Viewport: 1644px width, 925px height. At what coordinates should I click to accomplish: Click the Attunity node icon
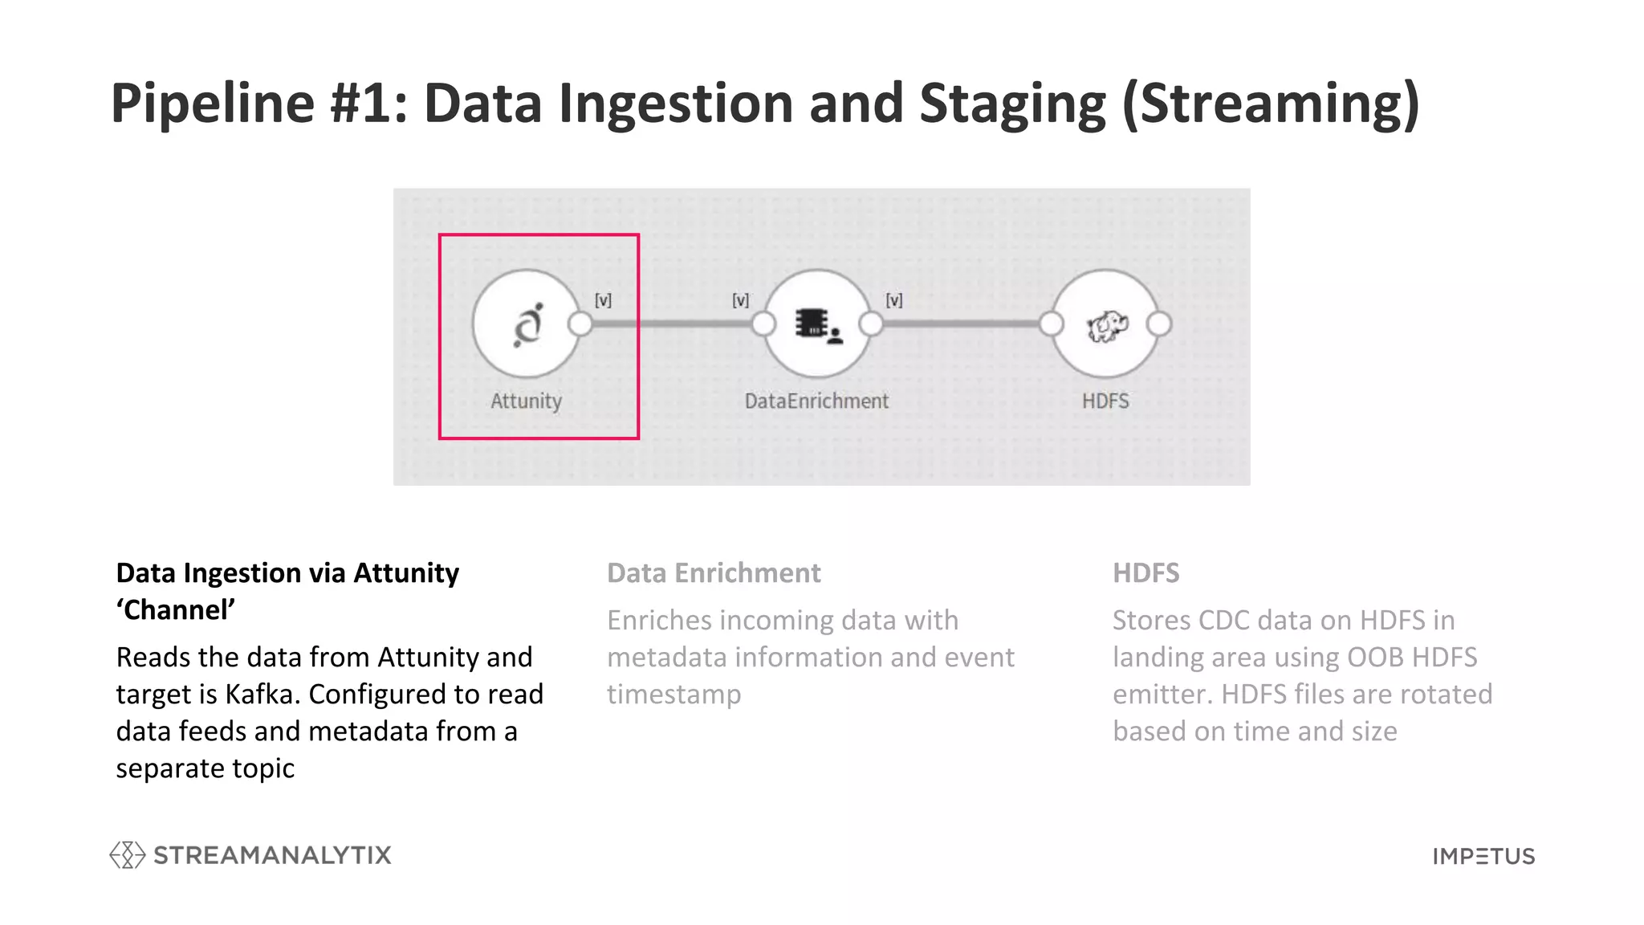click(x=527, y=325)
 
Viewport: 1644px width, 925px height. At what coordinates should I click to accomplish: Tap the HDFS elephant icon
click(x=1106, y=326)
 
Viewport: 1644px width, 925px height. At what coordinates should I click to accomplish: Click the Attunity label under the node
click(x=526, y=401)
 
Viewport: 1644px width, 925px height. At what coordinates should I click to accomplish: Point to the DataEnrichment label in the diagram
click(x=816, y=401)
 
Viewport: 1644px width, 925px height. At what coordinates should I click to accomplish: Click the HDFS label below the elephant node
click(x=1105, y=401)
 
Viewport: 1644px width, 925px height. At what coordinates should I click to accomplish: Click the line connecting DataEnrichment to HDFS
click(x=960, y=324)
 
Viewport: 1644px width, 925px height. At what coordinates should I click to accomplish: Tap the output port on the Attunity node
click(x=580, y=324)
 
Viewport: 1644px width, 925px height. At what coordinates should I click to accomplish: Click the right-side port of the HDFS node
click(x=1158, y=324)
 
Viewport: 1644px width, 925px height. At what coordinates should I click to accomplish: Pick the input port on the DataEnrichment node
click(x=763, y=324)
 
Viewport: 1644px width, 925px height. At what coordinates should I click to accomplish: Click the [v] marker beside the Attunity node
click(x=603, y=300)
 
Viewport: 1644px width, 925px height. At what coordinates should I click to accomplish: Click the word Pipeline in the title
click(x=213, y=104)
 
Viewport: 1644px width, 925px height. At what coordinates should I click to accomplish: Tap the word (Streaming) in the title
click(x=1271, y=104)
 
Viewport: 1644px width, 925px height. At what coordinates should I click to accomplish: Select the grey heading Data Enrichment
click(x=714, y=573)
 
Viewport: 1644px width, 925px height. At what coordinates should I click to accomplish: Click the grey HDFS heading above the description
click(x=1146, y=573)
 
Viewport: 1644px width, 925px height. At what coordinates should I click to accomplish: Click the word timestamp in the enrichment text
click(x=673, y=695)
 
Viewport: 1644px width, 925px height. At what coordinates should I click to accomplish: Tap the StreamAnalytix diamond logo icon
click(x=128, y=855)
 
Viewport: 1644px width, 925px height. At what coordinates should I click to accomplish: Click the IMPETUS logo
click(x=1483, y=857)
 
